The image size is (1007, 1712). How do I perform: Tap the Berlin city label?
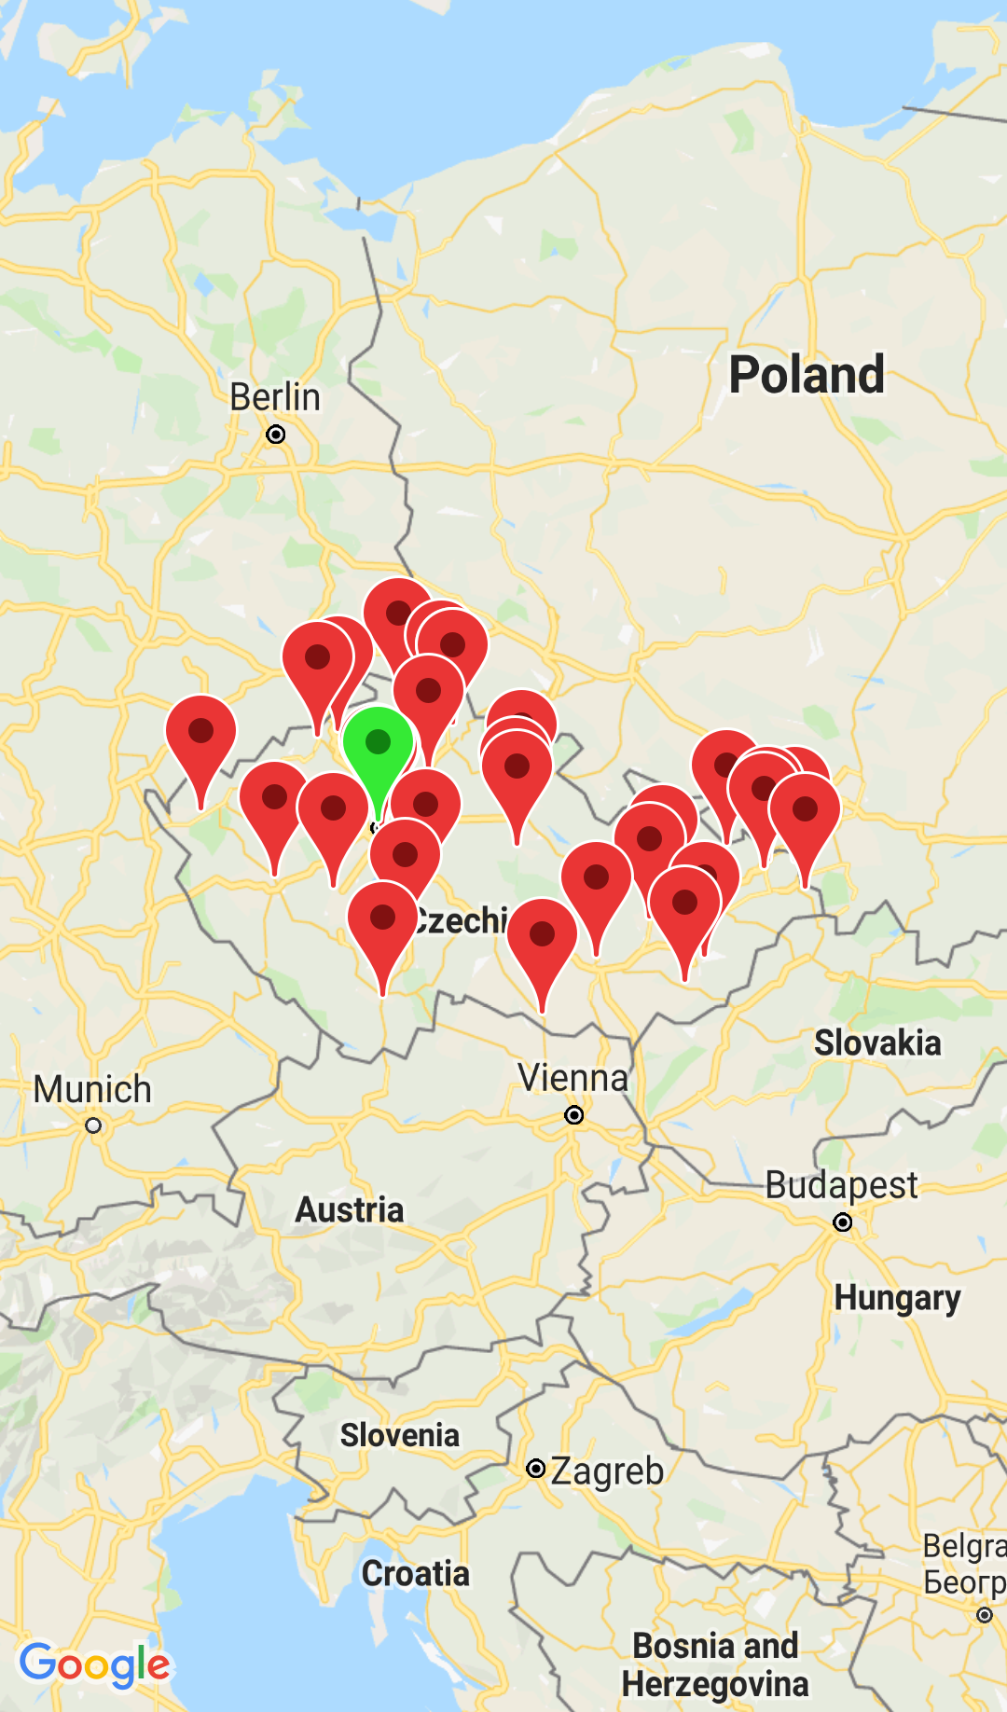(x=275, y=397)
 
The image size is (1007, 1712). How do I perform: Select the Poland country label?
(x=807, y=375)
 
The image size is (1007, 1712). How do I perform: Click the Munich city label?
(x=92, y=1089)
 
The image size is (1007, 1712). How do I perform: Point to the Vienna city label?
(x=573, y=1078)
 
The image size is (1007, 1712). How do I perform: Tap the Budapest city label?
(x=841, y=1185)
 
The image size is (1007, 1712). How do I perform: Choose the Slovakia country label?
(x=877, y=1042)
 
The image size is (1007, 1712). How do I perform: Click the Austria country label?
(x=350, y=1210)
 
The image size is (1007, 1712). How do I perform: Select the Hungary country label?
(x=897, y=1298)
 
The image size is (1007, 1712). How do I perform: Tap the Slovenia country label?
(x=399, y=1435)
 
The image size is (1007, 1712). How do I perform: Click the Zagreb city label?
(x=607, y=1471)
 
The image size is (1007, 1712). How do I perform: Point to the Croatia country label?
(x=416, y=1574)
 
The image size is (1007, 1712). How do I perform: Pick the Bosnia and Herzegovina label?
(x=715, y=1665)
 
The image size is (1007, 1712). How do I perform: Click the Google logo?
(x=94, y=1664)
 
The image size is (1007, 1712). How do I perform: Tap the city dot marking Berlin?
(x=276, y=435)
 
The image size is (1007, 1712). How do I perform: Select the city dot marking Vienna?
(x=574, y=1115)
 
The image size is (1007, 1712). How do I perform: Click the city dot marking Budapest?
(x=843, y=1222)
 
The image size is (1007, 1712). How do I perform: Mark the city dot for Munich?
(x=93, y=1125)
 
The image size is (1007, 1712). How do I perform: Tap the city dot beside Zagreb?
(x=536, y=1469)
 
